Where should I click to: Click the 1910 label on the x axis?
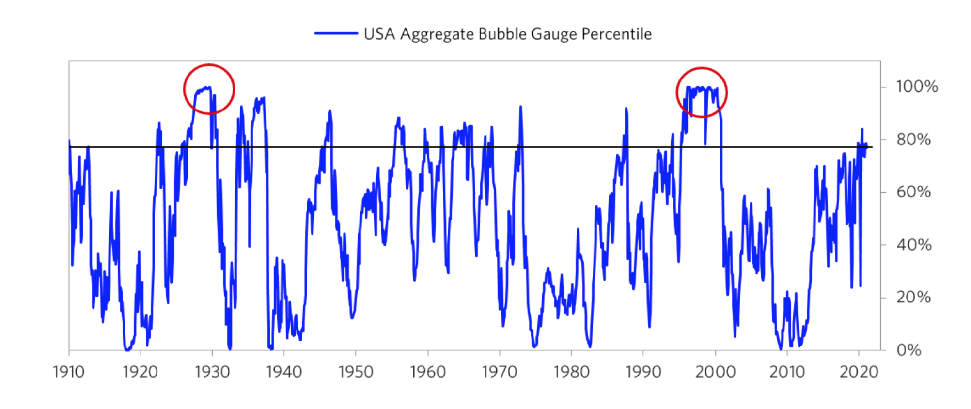pos(68,372)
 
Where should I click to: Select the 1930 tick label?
pos(212,372)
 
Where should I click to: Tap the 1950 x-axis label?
pos(356,372)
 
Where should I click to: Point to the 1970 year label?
pos(499,372)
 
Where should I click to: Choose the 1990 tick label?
pos(643,372)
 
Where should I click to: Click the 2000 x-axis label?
pos(715,372)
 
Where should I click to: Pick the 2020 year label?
pos(859,372)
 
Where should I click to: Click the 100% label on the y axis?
pos(917,87)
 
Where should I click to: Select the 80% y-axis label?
pos(913,140)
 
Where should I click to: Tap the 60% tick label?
pos(913,192)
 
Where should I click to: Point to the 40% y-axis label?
pos(913,245)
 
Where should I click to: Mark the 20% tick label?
pos(913,298)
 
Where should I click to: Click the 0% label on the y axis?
pos(908,350)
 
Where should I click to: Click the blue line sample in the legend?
pos(336,33)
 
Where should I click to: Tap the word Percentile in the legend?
pos(616,34)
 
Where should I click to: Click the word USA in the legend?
pos(379,34)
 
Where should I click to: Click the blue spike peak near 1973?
pos(521,107)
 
